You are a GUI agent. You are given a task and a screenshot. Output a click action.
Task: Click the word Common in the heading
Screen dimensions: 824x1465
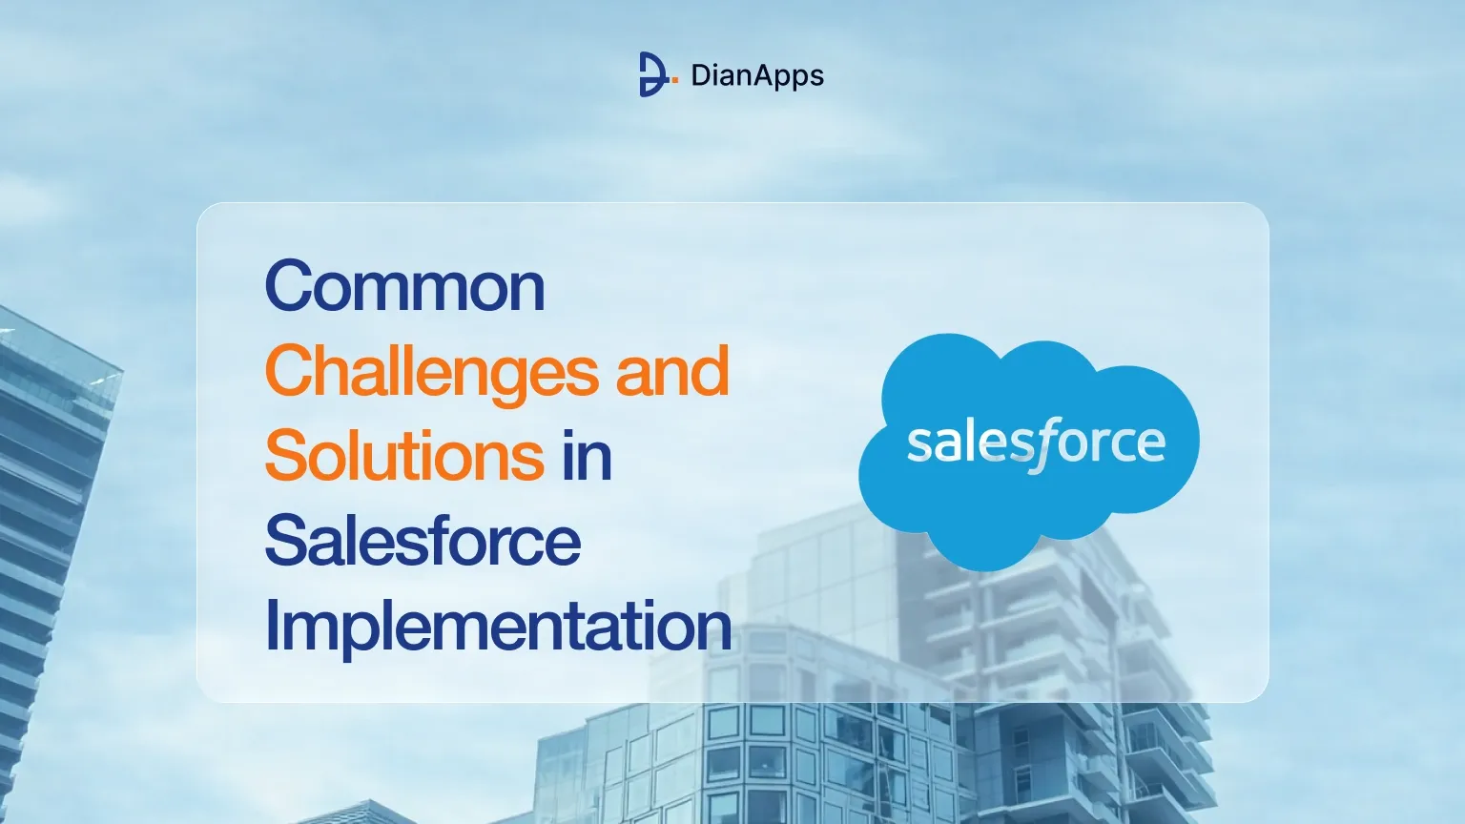point(404,286)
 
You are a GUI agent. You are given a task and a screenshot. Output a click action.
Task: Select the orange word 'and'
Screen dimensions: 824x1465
point(672,372)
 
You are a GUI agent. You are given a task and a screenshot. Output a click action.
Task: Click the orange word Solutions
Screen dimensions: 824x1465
point(404,456)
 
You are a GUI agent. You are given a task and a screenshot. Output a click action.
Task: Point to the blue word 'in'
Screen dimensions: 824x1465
point(586,456)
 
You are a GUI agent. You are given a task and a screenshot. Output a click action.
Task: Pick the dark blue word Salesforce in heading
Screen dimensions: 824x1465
point(423,541)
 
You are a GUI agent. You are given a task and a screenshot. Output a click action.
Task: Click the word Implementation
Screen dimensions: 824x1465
point(498,626)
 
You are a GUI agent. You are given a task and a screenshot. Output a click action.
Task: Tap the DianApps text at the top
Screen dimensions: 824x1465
point(757,75)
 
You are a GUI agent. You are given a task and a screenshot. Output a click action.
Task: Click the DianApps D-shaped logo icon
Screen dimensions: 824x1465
point(653,74)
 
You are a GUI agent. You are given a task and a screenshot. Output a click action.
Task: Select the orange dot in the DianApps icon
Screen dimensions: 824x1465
point(675,81)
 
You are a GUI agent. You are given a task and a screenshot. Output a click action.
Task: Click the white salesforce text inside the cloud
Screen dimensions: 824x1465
point(1035,443)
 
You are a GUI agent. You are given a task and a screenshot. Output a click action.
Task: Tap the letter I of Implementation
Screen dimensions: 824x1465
point(272,626)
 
